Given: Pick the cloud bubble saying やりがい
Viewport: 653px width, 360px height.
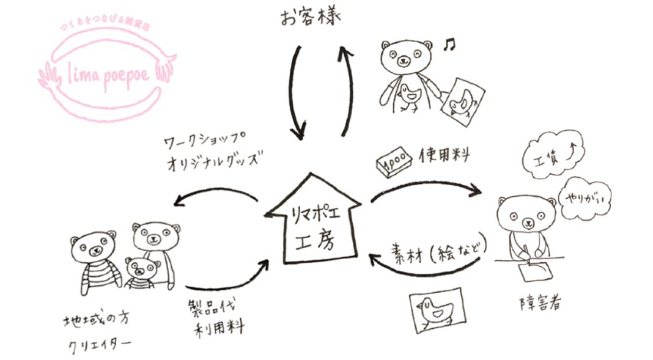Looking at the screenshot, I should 586,196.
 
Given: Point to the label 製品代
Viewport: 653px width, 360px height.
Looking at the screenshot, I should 216,304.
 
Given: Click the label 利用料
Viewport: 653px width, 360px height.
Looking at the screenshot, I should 220,327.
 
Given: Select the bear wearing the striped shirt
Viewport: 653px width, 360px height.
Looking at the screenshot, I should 94,260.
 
